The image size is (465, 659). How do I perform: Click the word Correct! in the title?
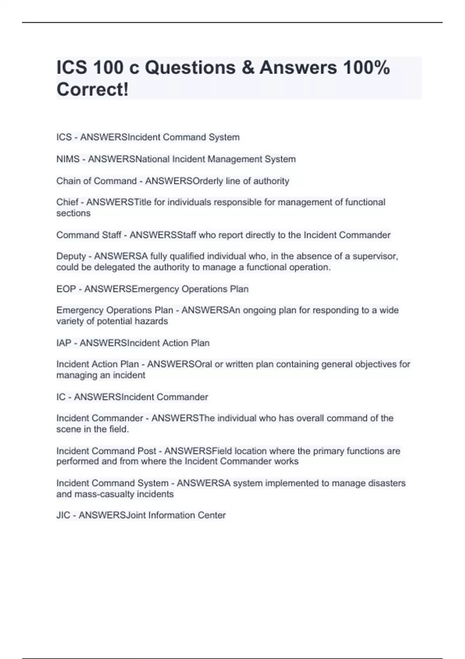pos(92,90)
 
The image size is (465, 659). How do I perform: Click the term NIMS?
pos(68,159)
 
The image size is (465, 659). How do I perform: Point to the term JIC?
pos(63,515)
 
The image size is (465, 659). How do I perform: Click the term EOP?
pos(66,289)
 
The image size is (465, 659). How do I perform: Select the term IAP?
pos(64,343)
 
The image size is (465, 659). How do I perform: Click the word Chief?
pos(67,202)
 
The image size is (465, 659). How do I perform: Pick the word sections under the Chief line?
pos(73,213)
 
